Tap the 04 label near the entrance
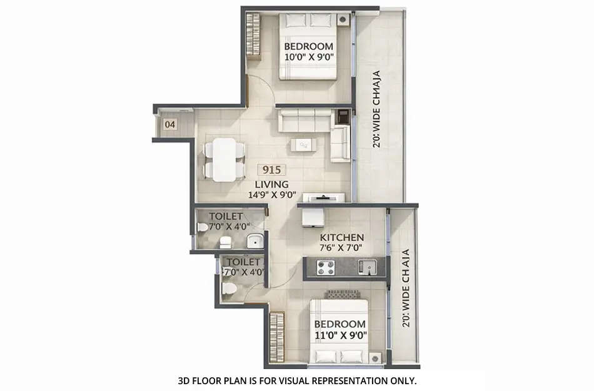(169, 124)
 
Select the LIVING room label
(271, 184)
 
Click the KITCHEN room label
(342, 238)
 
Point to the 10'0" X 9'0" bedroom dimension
(309, 57)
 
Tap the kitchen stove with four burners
(325, 268)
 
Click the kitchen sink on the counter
(368, 268)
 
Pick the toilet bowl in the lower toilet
(229, 288)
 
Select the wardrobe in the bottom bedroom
(276, 338)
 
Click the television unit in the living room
(324, 198)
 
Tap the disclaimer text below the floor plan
(297, 380)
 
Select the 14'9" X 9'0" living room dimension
(271, 195)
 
